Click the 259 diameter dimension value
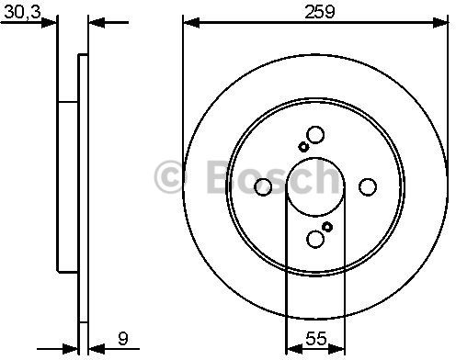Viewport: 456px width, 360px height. [x=320, y=12]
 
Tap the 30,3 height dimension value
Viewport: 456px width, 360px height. [x=22, y=12]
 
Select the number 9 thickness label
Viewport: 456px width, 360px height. [x=122, y=339]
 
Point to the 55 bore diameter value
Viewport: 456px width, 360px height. [x=316, y=339]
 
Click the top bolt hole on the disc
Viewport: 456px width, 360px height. [x=315, y=135]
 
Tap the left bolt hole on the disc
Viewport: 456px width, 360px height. [x=263, y=186]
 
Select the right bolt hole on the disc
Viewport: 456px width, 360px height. [x=368, y=186]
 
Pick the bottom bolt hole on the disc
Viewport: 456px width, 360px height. [x=315, y=239]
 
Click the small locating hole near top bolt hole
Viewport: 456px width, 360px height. [x=303, y=147]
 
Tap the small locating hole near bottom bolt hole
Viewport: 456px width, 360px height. [x=327, y=227]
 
